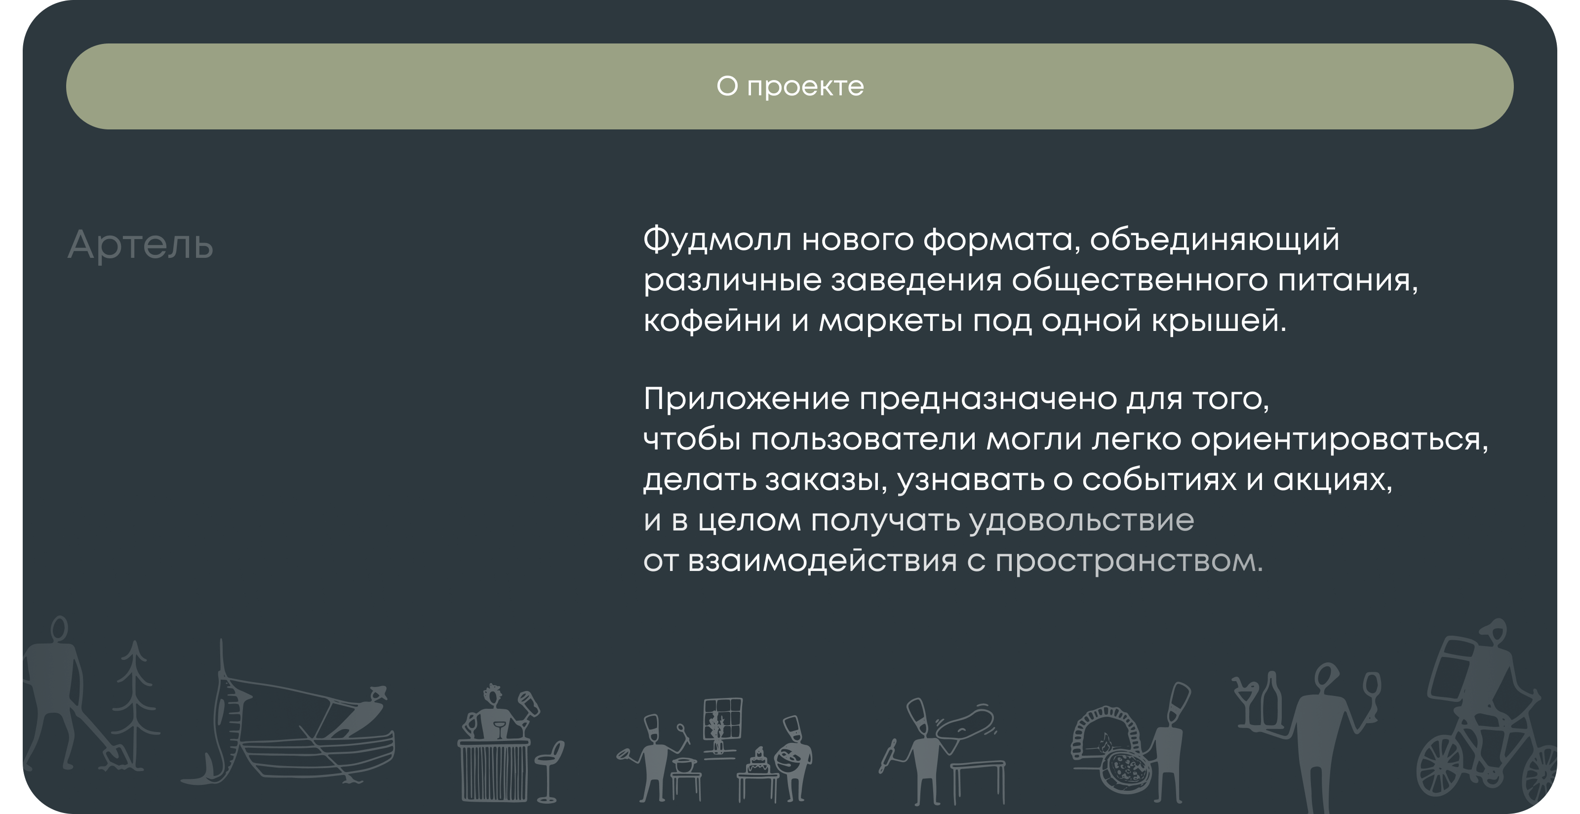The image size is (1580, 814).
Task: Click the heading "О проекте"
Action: [790, 86]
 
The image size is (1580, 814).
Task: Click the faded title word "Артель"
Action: [140, 245]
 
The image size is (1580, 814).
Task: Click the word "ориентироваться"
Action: [1338, 439]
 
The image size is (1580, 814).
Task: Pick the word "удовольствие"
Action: [1081, 521]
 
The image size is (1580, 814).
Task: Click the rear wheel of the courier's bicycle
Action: [1438, 767]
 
